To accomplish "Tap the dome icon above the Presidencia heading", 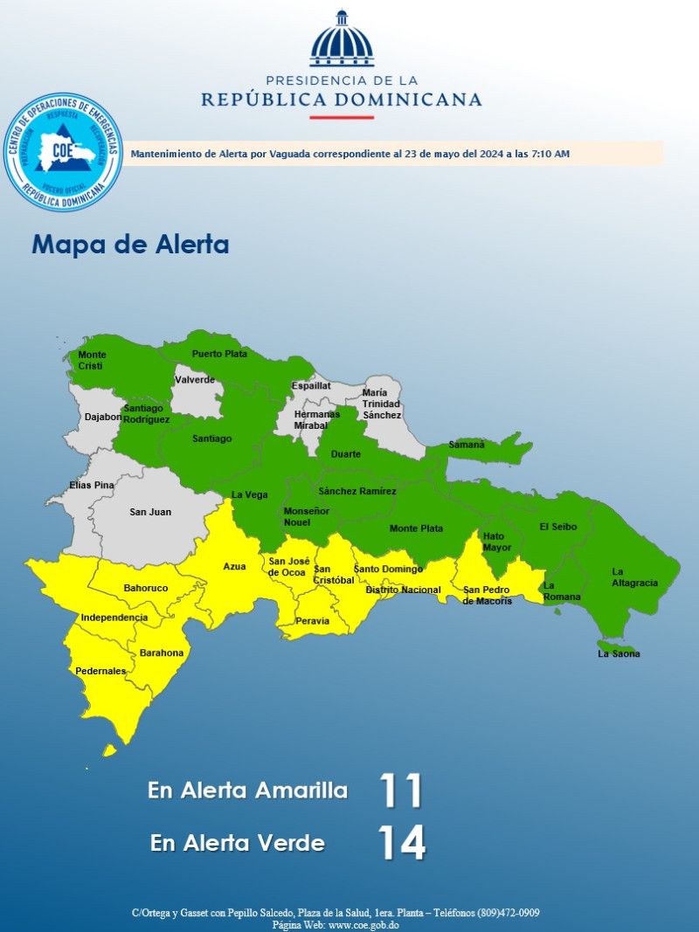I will [x=342, y=40].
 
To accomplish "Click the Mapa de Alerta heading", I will [x=130, y=245].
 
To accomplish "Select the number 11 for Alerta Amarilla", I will [x=401, y=791].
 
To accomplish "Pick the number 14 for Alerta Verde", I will [x=402, y=843].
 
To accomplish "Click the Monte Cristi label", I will [x=92, y=360].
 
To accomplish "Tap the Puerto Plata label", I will [x=219, y=354].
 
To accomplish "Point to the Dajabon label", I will [x=103, y=417].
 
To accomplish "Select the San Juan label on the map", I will [x=150, y=512].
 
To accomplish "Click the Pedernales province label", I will [x=100, y=671].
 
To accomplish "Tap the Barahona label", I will [x=162, y=652].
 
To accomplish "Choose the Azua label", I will [x=234, y=567].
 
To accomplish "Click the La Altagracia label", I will [x=634, y=577].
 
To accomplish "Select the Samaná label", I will [x=467, y=445].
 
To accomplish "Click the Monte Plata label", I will [x=416, y=528].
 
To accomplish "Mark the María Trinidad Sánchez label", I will [x=381, y=404].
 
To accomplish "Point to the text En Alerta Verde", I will [x=238, y=843].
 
